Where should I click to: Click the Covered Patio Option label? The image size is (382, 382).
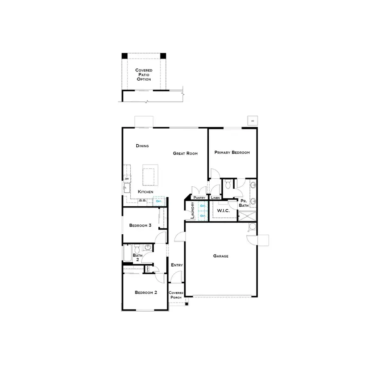[x=143, y=74]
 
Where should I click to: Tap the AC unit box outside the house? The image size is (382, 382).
[x=253, y=121]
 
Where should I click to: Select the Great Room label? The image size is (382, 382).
[x=185, y=153]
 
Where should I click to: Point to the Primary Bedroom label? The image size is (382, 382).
[x=232, y=152]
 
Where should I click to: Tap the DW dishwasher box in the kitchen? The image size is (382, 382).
[x=126, y=179]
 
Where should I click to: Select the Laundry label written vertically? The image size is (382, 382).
[x=192, y=211]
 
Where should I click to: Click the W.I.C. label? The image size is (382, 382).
[x=223, y=211]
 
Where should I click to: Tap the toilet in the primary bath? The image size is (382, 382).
[x=228, y=184]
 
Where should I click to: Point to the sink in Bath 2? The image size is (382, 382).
[x=148, y=247]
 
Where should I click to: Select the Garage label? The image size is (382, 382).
[x=221, y=256]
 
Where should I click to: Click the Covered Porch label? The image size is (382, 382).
[x=176, y=295]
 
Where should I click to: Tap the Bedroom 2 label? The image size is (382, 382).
[x=146, y=292]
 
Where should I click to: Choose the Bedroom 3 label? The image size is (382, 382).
[x=140, y=225]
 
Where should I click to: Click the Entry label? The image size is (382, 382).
[x=177, y=265]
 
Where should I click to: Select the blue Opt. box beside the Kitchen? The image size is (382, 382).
[x=159, y=201]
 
